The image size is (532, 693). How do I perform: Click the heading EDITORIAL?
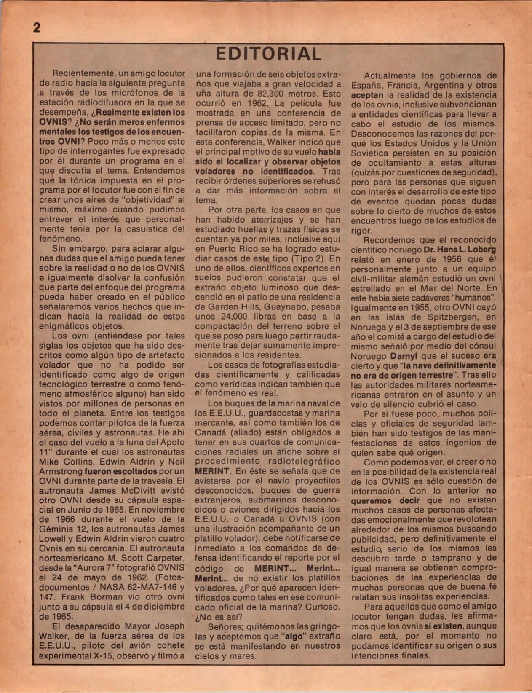[268, 54]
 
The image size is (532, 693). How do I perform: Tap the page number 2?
[36, 28]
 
